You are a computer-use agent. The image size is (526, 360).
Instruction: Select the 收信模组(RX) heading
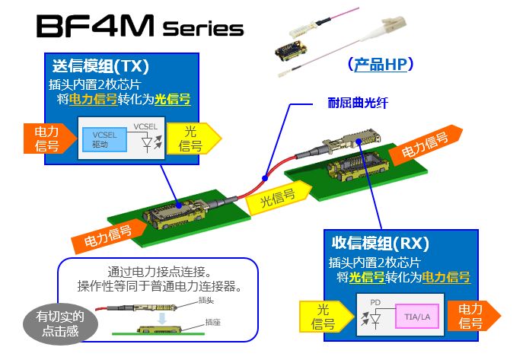point(381,244)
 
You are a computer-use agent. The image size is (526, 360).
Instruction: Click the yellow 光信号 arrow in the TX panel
point(191,138)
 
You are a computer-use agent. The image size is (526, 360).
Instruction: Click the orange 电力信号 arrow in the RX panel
point(472,317)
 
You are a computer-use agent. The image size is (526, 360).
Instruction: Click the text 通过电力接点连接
point(159,272)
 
